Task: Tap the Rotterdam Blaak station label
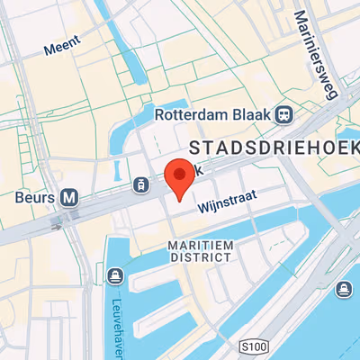[x=213, y=114]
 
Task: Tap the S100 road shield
[x=256, y=346]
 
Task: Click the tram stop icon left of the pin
[x=141, y=184]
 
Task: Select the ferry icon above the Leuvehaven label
[x=114, y=274]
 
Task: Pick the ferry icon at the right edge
[x=343, y=290]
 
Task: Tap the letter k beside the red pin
[x=202, y=169]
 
